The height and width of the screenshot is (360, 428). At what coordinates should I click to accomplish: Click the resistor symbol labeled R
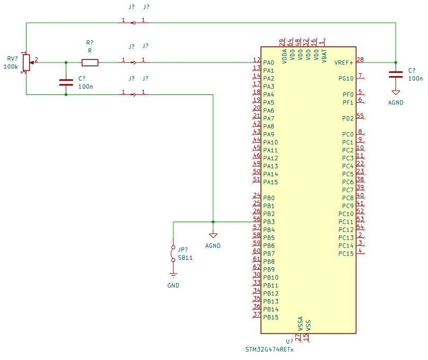[x=90, y=63]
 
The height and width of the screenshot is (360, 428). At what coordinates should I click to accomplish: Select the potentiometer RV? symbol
[x=27, y=63]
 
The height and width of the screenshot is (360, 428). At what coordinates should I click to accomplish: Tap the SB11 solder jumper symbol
[x=173, y=253]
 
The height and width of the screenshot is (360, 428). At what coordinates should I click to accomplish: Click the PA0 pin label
[x=268, y=63]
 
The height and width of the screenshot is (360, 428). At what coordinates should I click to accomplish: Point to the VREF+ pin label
[x=344, y=63]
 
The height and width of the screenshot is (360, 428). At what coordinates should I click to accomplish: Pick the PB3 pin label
[x=269, y=222]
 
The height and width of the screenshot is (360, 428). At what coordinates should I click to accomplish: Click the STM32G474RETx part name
[x=269, y=349]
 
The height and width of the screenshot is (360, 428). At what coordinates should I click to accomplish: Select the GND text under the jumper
[x=173, y=285]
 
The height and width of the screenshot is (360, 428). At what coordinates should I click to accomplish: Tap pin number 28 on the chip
[x=360, y=59]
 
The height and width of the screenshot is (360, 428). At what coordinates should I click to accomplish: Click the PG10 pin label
[x=346, y=78]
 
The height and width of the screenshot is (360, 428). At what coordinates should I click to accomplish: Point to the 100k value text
[x=11, y=67]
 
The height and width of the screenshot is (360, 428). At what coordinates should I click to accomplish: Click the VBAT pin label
[x=324, y=56]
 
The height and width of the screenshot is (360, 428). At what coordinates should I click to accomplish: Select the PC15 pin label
[x=346, y=254]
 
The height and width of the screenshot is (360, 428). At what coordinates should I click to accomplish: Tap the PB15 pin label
[x=271, y=318]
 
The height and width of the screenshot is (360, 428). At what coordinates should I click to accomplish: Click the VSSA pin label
[x=300, y=324]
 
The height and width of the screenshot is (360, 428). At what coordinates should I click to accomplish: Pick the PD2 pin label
[x=348, y=118]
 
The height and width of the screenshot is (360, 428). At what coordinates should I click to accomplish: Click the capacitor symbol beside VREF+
[x=396, y=75]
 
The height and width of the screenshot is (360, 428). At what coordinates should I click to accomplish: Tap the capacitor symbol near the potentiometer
[x=66, y=82]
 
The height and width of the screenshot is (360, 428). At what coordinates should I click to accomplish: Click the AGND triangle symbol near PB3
[x=213, y=235]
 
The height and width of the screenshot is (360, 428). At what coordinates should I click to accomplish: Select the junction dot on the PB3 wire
[x=213, y=222]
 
